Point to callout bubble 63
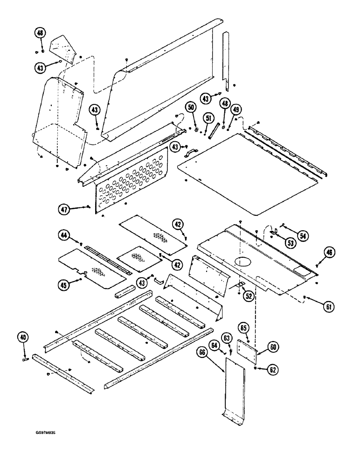pos(227,337)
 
